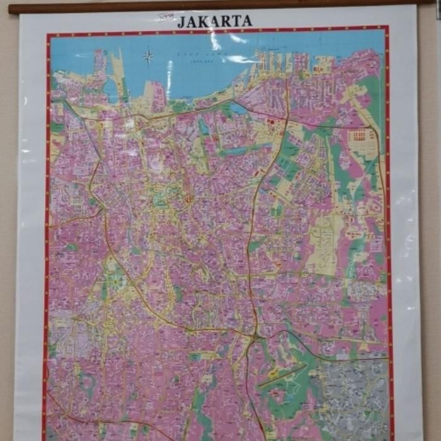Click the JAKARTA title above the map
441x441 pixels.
tap(215, 21)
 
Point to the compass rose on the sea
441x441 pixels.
tap(148, 57)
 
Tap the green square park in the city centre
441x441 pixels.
tap(161, 202)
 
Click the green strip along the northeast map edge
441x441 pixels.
tap(375, 94)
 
